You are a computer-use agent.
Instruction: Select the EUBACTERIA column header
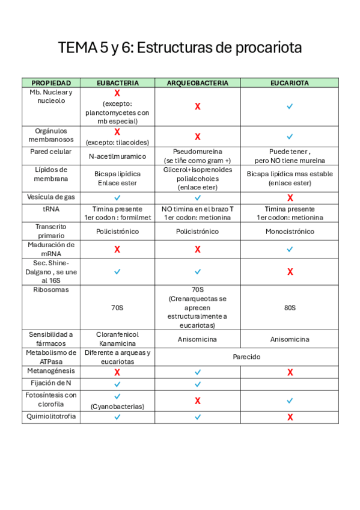tap(117, 82)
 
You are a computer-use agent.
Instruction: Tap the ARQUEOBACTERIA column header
tap(197, 82)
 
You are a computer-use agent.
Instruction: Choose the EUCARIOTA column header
tap(290, 82)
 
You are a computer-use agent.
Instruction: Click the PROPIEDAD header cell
tap(51, 82)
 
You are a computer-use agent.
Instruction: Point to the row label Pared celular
tap(51, 152)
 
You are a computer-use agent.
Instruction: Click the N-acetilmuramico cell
tap(117, 156)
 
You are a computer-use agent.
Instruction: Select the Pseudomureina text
tap(197, 152)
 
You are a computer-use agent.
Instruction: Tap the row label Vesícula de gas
tap(51, 197)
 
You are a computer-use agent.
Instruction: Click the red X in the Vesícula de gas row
tap(290, 197)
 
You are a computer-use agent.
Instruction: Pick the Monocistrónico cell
tap(290, 231)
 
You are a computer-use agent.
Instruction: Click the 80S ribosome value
tap(290, 307)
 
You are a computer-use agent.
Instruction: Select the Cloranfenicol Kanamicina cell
tap(117, 339)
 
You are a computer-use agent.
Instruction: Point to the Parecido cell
tap(247, 357)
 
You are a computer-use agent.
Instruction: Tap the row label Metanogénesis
tap(51, 371)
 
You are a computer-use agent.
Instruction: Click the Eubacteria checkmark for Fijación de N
tap(117, 383)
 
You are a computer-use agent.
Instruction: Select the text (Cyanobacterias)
tap(117, 406)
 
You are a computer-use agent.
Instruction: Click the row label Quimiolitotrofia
tap(51, 416)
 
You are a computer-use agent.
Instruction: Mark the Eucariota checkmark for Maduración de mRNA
tap(290, 248)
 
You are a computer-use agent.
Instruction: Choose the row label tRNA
tap(51, 208)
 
